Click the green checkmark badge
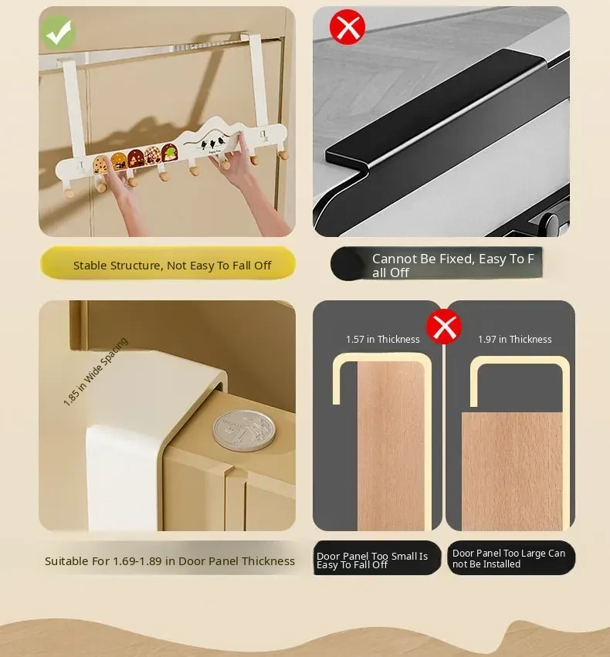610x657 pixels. point(58,32)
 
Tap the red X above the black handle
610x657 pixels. point(347,27)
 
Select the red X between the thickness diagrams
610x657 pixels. point(444,327)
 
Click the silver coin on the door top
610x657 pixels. point(244,431)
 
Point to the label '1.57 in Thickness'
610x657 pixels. point(382,340)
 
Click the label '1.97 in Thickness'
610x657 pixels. point(515,340)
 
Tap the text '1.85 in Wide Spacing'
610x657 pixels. point(96,371)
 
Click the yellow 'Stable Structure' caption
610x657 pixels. point(168,263)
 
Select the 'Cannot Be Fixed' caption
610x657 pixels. point(436,263)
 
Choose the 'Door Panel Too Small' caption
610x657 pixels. point(377,558)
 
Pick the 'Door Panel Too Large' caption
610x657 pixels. point(511,558)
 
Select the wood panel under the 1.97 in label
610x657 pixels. point(512,472)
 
